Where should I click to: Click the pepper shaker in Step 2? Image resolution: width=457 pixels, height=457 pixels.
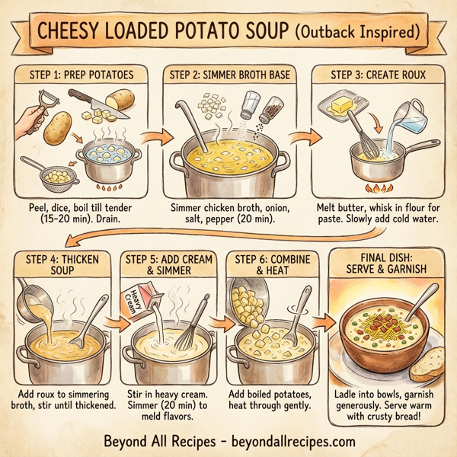(268, 109)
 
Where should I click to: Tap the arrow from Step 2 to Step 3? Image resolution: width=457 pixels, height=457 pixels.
(306, 139)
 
